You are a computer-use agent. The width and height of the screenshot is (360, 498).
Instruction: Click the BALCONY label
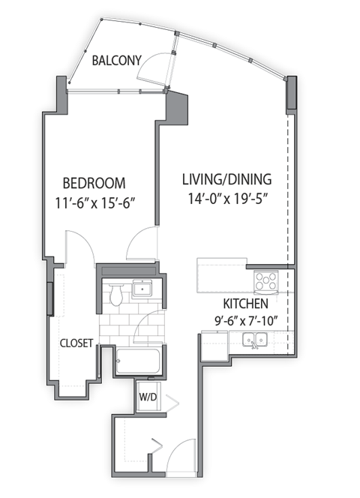pos(116,61)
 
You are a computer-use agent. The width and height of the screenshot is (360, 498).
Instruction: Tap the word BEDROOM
pos(94,183)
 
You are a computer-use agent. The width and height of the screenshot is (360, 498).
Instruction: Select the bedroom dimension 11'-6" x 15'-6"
pos(94,202)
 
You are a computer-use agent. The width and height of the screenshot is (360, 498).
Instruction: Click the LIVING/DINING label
pos(227,180)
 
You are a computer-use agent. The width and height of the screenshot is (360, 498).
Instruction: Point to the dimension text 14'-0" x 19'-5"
pos(227,199)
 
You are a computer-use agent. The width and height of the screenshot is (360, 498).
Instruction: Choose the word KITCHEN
pos(246,304)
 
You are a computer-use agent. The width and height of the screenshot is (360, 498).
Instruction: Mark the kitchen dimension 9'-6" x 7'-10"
pos(246,322)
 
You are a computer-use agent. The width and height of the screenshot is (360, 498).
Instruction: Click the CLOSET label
pos(76,343)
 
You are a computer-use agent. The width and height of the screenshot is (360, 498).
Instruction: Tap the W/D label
pos(145,396)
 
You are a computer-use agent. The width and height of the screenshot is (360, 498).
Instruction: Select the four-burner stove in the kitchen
pos(266,281)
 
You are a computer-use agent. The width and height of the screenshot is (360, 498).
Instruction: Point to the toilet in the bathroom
pos(115,295)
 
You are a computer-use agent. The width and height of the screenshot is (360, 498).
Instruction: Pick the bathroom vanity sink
pos(141,288)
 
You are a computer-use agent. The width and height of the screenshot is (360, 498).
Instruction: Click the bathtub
pos(138,362)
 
